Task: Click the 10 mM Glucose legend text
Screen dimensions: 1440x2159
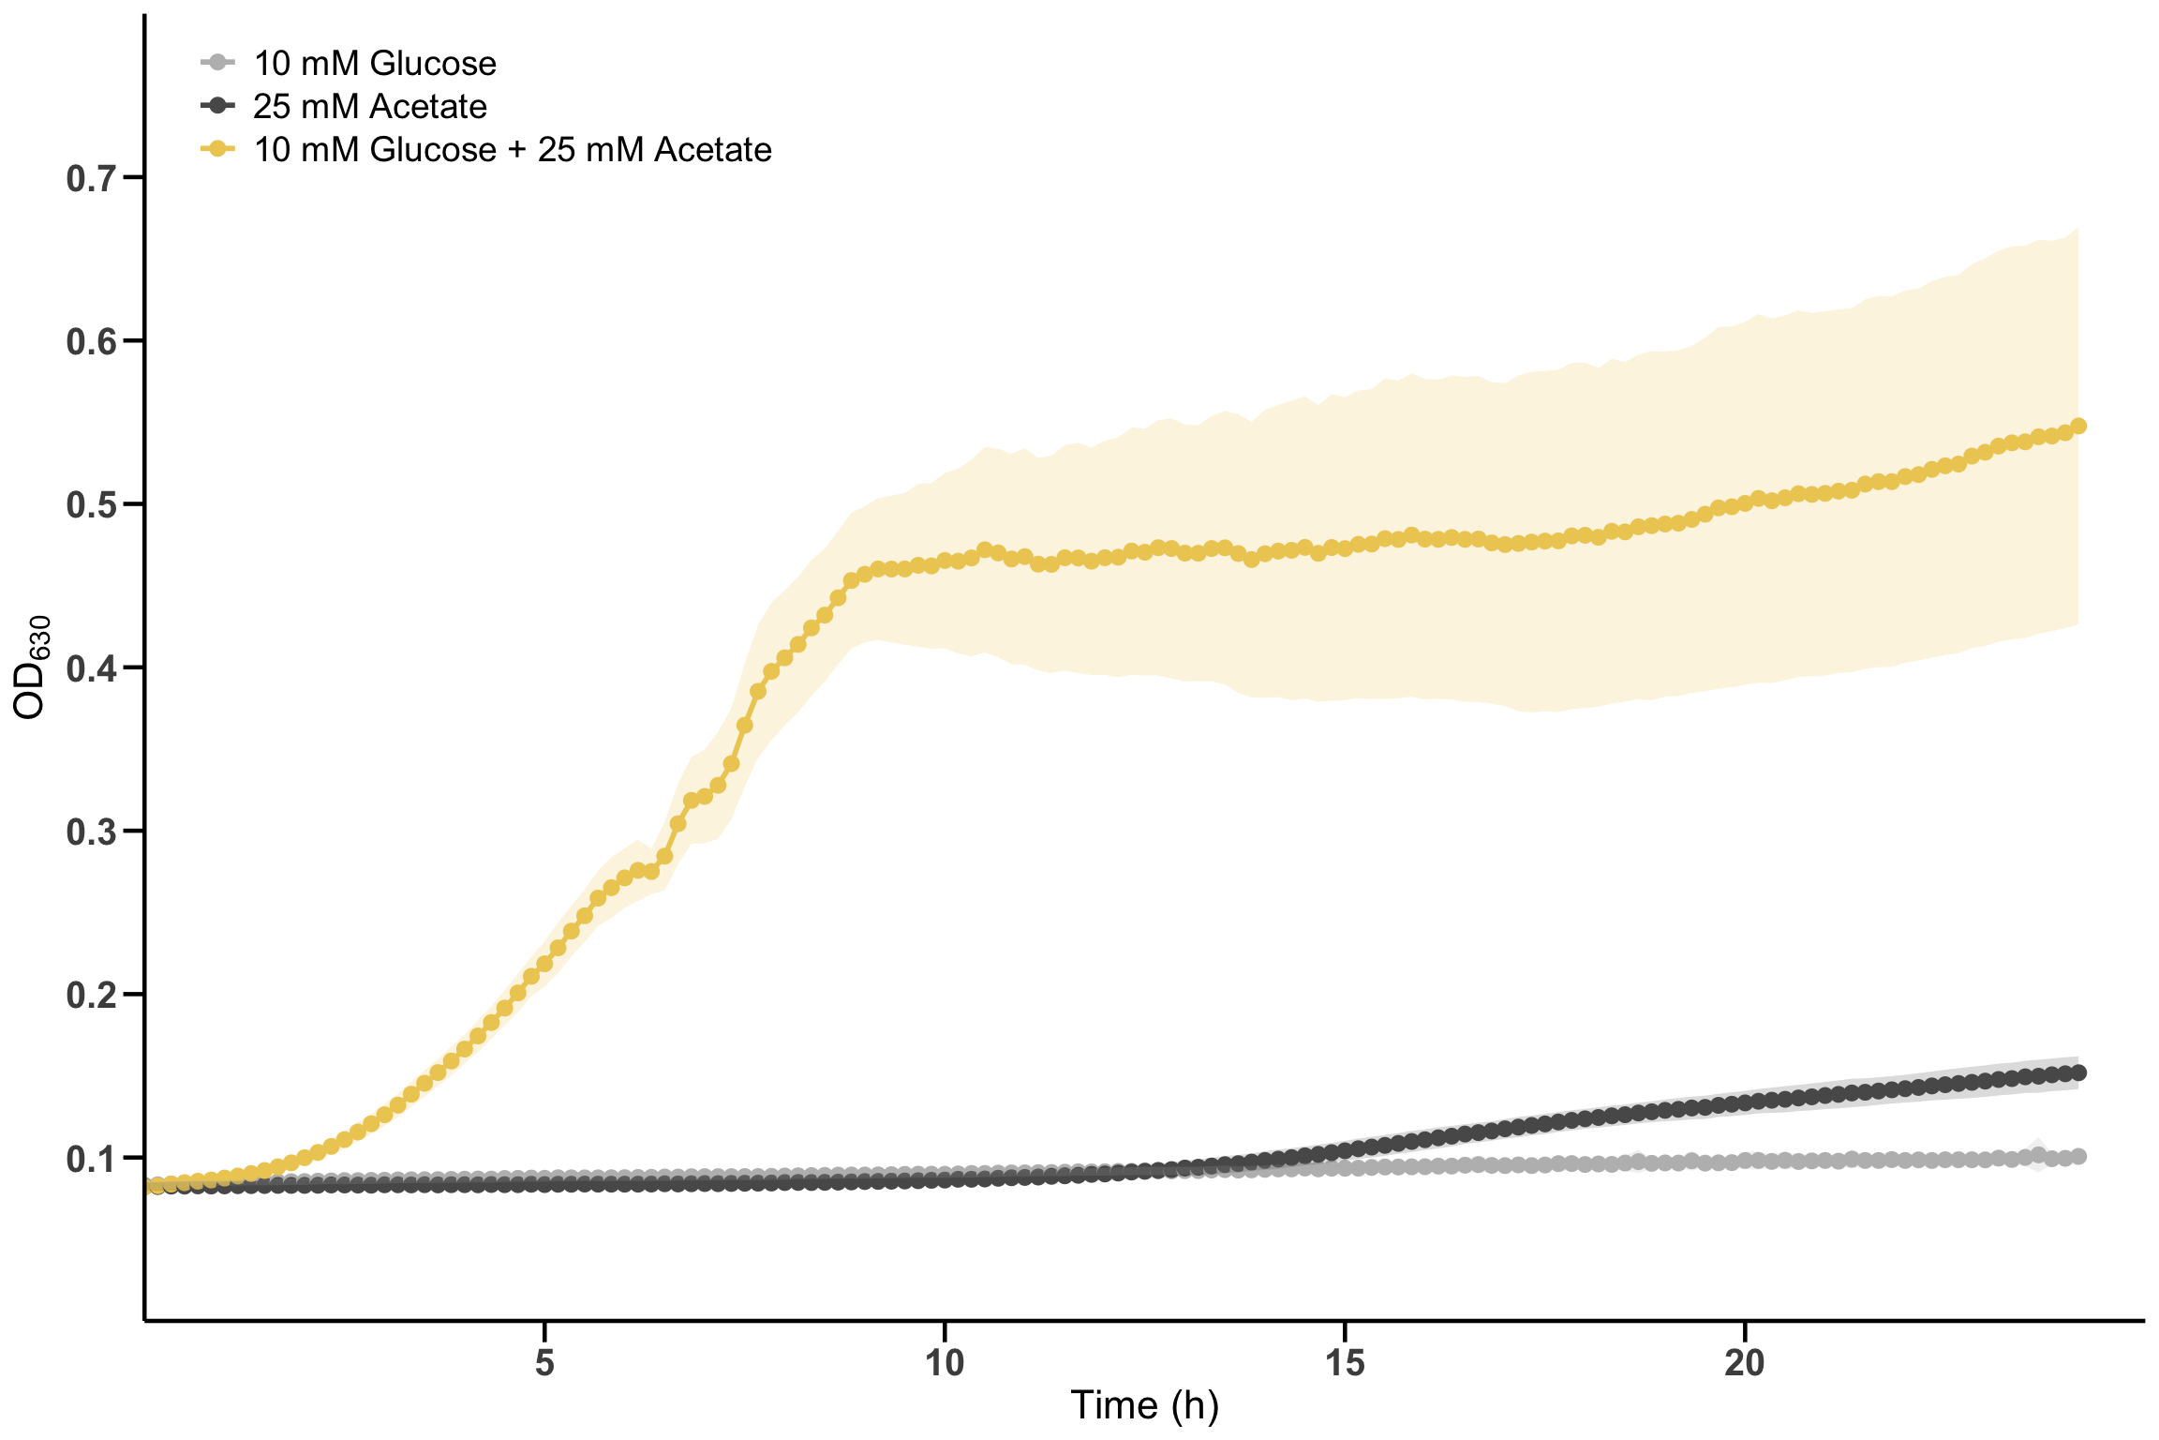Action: click(x=375, y=64)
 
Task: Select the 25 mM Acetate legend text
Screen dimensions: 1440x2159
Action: click(x=370, y=107)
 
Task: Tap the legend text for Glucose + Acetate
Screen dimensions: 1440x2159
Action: click(x=513, y=150)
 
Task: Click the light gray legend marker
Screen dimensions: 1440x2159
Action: click(x=217, y=64)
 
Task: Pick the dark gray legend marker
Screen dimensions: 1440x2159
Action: click(x=217, y=106)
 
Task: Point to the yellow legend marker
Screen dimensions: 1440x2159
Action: click(x=217, y=149)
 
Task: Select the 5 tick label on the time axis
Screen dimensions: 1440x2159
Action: click(x=544, y=1363)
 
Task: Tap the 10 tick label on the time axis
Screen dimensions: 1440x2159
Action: click(x=945, y=1363)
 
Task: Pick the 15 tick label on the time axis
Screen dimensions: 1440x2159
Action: click(x=1345, y=1363)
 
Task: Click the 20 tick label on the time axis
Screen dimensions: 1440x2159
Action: click(x=1745, y=1363)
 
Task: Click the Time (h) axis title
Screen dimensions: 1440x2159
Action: click(x=1144, y=1406)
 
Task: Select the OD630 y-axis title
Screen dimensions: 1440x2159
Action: click(x=30, y=667)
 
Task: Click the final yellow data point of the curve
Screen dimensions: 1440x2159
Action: click(x=2077, y=426)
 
